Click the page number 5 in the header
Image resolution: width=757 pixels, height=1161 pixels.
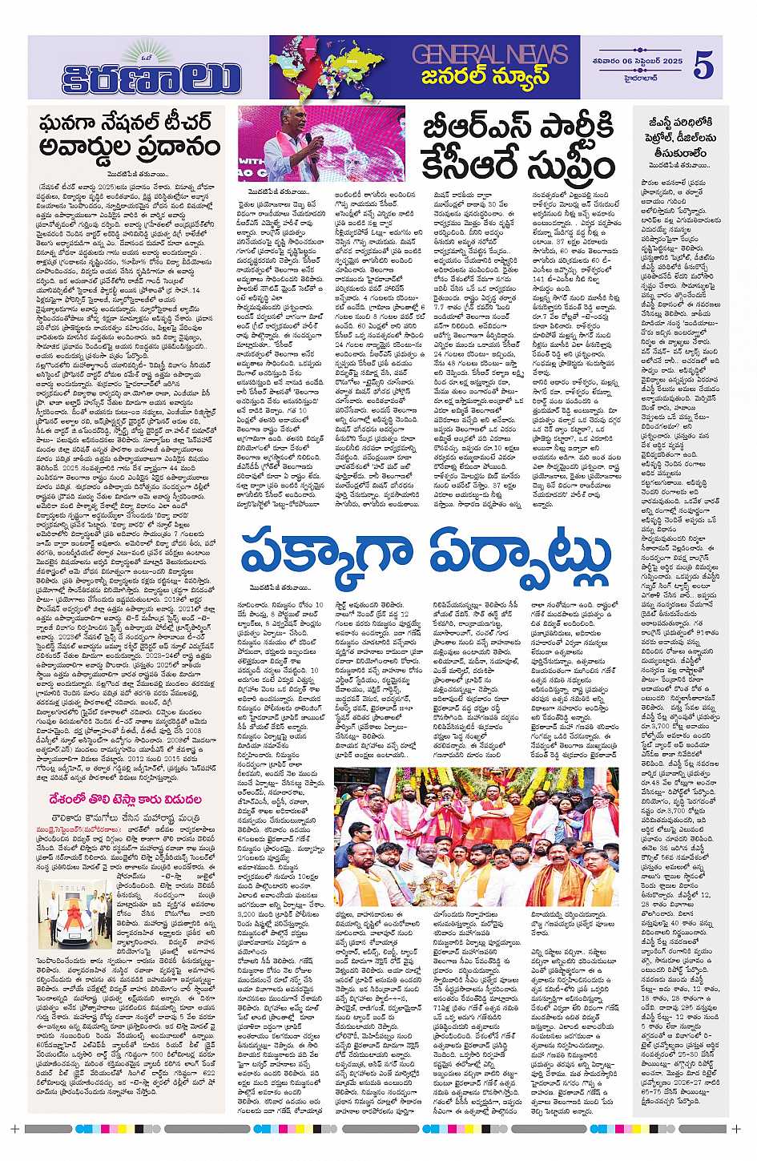[703, 67]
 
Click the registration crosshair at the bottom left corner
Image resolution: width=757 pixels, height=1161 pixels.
[14, 1129]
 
